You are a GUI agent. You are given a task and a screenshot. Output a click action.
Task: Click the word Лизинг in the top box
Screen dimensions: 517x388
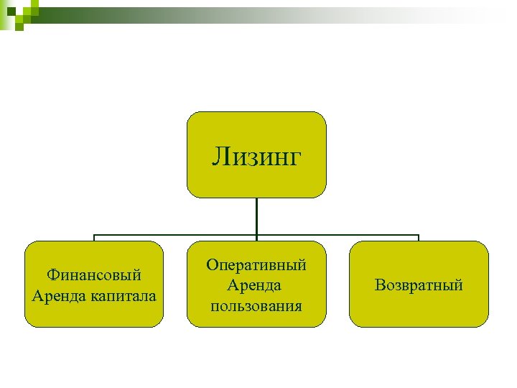click(256, 156)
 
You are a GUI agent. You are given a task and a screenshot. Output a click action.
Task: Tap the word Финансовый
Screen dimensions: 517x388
click(93, 275)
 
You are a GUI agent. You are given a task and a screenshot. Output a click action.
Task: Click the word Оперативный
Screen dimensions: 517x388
click(256, 265)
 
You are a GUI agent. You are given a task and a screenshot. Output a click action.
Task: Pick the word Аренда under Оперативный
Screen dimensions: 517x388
click(254, 285)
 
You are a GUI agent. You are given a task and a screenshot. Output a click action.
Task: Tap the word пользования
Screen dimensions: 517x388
click(256, 306)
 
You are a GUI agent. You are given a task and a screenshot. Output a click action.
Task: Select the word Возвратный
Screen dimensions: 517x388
click(419, 285)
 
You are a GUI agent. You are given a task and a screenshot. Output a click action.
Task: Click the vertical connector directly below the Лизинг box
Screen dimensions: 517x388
click(256, 216)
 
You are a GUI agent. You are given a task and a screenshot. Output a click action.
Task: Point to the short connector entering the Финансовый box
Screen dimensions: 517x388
click(94, 238)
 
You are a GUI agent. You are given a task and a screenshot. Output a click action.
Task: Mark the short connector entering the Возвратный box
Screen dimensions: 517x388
click(419, 238)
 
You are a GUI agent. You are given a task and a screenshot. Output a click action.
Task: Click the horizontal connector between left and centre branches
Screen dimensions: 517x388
click(175, 235)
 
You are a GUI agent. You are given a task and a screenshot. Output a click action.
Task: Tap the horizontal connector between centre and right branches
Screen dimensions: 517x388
click(337, 235)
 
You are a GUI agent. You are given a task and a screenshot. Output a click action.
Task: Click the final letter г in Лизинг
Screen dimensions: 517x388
click(294, 157)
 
